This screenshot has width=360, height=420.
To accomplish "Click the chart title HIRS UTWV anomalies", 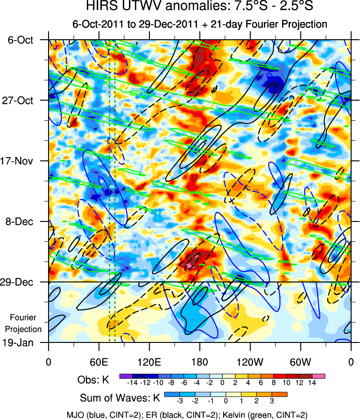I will pos(199,8).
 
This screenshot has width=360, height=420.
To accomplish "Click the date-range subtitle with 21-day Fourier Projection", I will pos(199,24).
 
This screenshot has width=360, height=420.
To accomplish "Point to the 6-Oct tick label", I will pos(21,40).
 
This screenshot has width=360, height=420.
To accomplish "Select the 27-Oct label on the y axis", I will pos(21,100).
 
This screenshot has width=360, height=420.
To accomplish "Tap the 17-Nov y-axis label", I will pos(21,161).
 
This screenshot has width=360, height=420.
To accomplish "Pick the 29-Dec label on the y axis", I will pos(21,282).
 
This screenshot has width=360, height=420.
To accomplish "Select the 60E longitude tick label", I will pos(99,361).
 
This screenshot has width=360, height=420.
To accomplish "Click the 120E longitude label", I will pos(149,361).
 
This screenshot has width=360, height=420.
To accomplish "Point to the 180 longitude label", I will pos(199,361).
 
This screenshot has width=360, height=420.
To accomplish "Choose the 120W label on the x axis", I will pos(250,361).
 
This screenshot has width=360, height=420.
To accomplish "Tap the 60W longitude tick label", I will pos(300,361).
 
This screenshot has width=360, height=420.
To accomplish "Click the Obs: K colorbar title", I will pos(93,380).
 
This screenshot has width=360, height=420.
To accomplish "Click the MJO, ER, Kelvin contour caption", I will pos(187,414).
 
